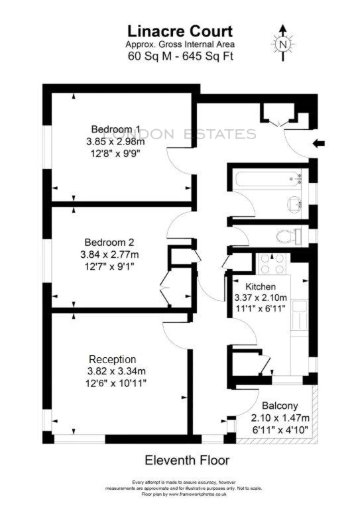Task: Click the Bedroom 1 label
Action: tap(116, 129)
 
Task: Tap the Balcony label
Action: tap(279, 406)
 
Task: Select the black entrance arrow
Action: tap(318, 141)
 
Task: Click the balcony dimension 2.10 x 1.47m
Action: tap(280, 418)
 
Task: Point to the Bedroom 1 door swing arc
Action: tap(177, 159)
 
